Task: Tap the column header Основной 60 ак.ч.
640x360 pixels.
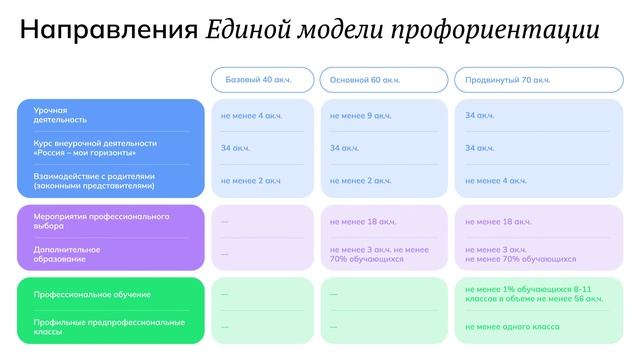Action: pos(383,80)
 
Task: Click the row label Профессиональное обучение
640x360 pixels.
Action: pos(92,294)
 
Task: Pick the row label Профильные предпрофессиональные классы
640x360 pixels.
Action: pos(108,326)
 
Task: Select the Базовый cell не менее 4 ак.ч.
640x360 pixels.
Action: pos(251,116)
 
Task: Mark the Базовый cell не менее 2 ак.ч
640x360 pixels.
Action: pos(250,181)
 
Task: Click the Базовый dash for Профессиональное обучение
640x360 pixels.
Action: pos(224,294)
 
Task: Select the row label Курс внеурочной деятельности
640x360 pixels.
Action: pos(94,148)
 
